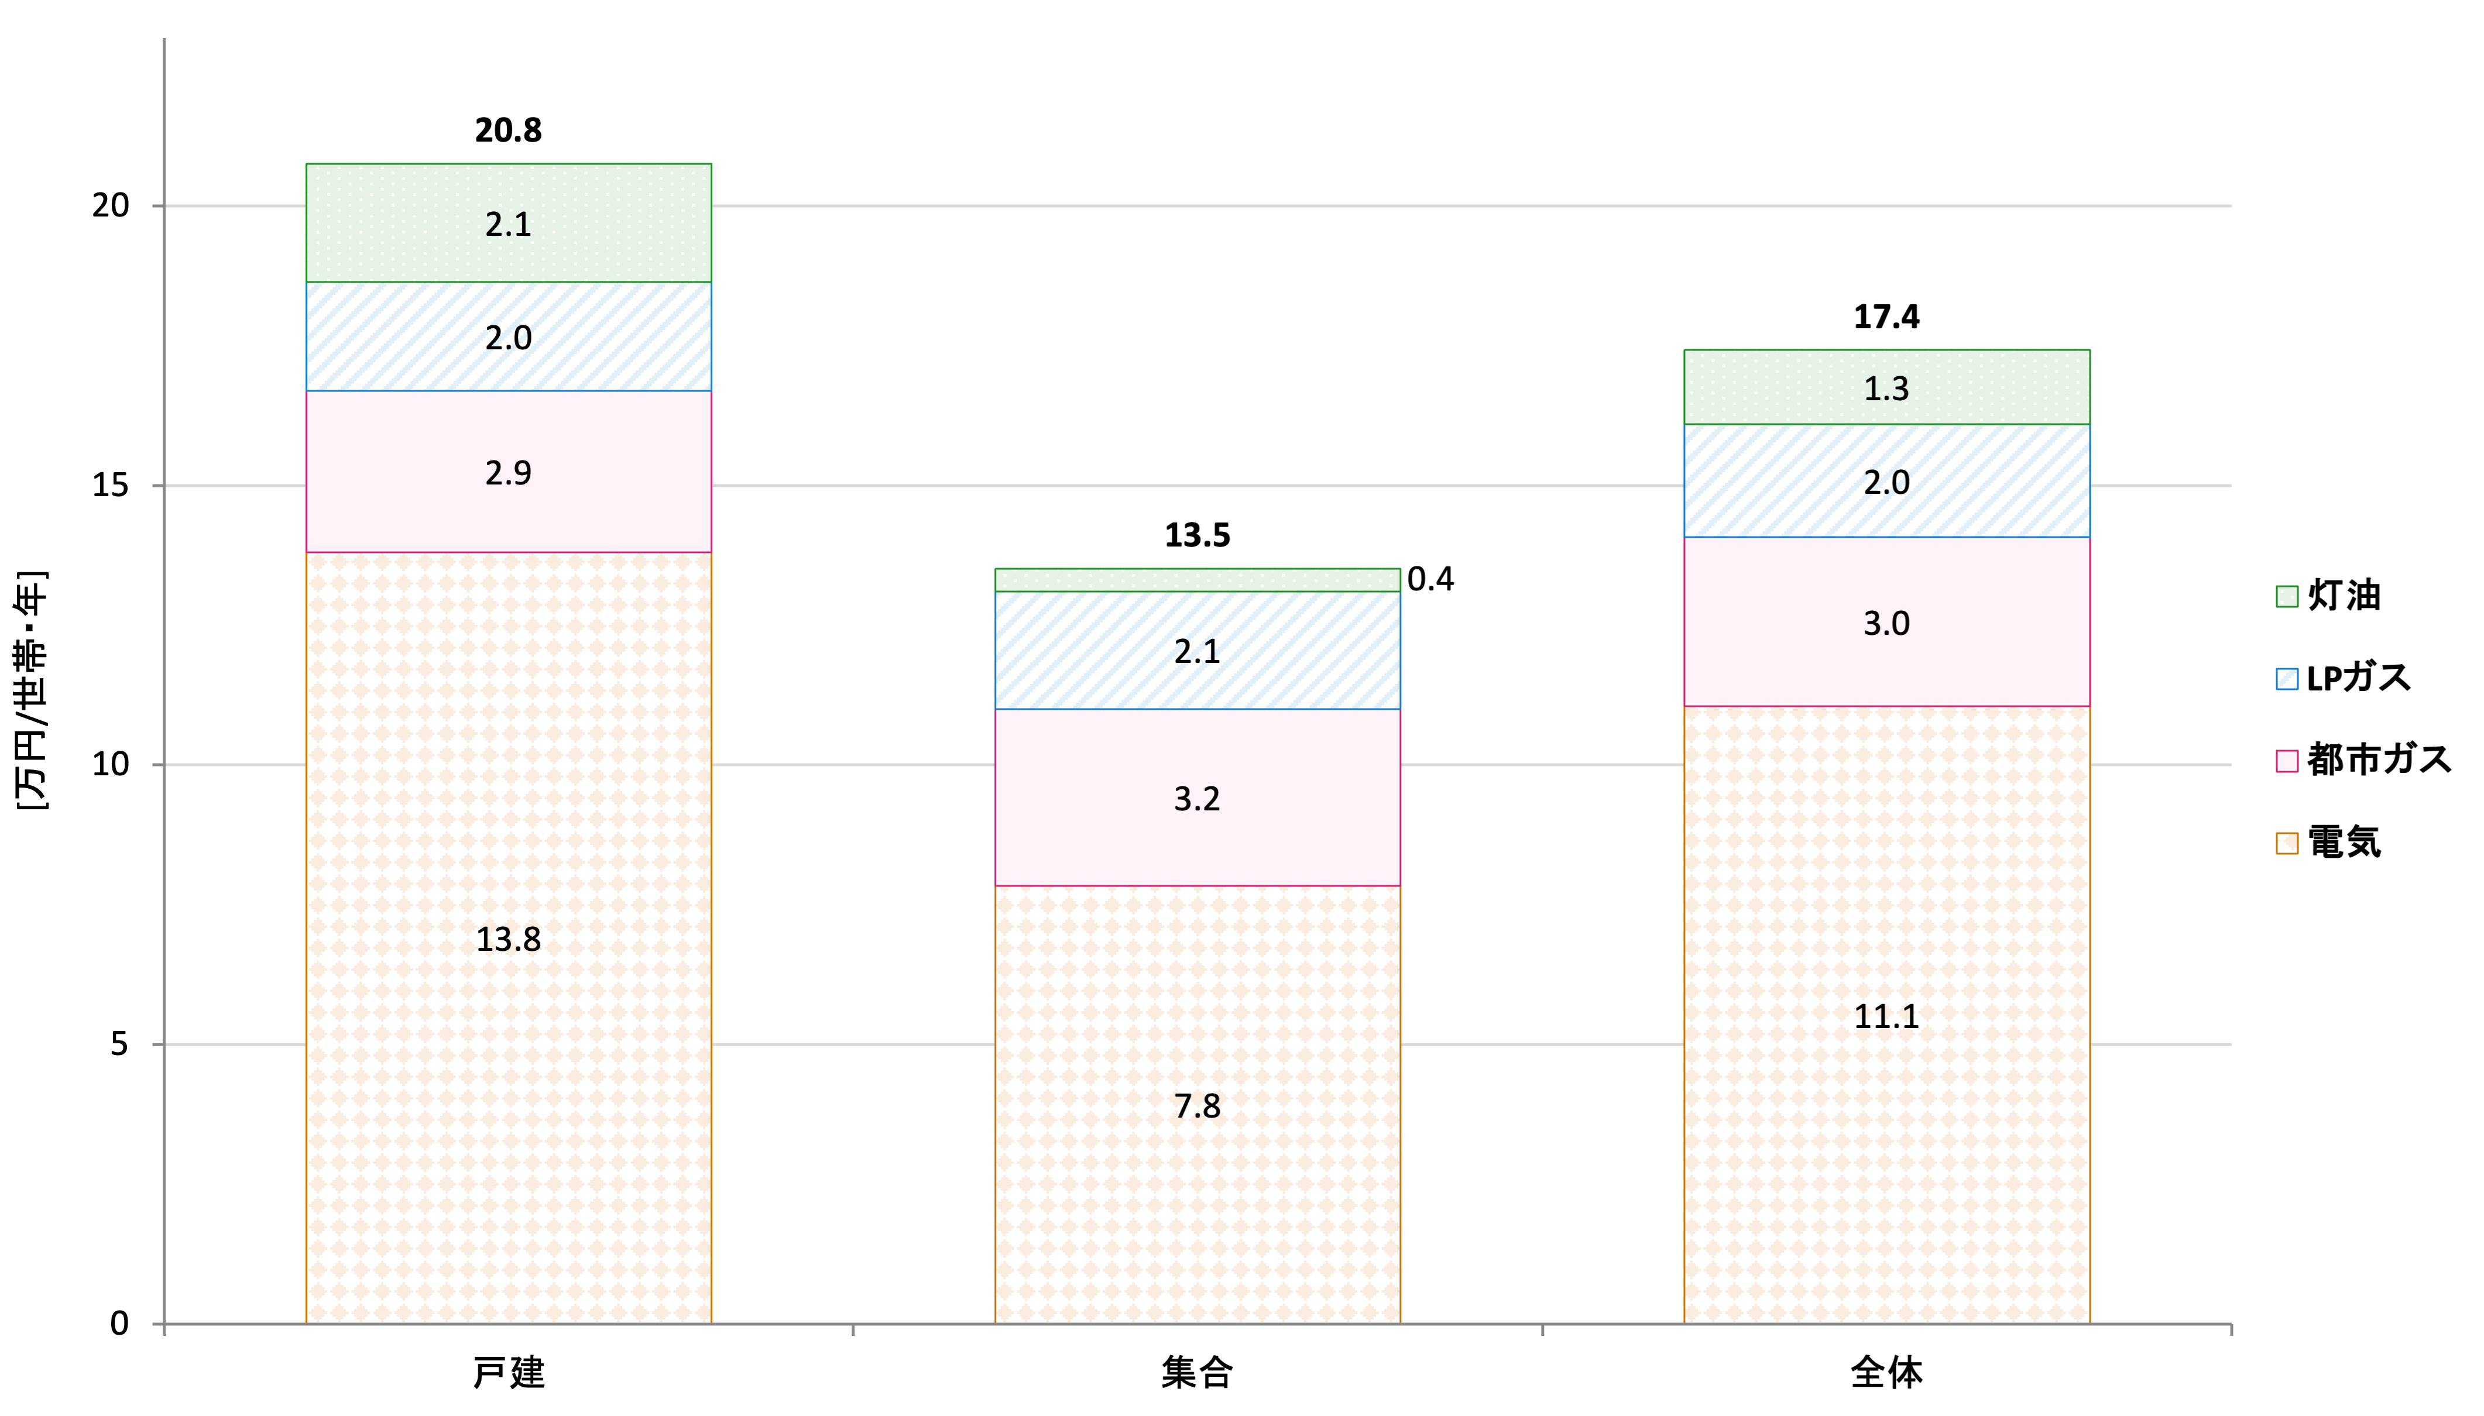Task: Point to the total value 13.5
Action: (1198, 535)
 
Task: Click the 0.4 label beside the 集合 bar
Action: (1430, 580)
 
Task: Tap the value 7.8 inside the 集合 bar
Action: (1198, 1106)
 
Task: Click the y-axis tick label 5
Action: (119, 1044)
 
